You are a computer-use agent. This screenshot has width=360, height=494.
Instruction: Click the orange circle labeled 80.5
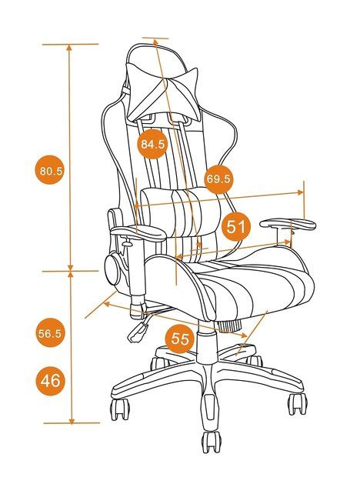tap(50, 171)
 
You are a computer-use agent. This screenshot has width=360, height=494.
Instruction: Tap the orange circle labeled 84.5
tap(152, 143)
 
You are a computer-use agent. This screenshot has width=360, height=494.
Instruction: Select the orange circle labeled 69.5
tap(218, 179)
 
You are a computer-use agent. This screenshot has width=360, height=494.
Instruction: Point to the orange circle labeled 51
tap(238, 226)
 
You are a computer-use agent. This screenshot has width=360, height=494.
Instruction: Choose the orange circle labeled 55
tap(180, 339)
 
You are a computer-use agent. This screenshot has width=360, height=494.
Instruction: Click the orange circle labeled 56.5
tap(50, 333)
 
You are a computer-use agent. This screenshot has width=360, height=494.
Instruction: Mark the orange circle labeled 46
tap(50, 380)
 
